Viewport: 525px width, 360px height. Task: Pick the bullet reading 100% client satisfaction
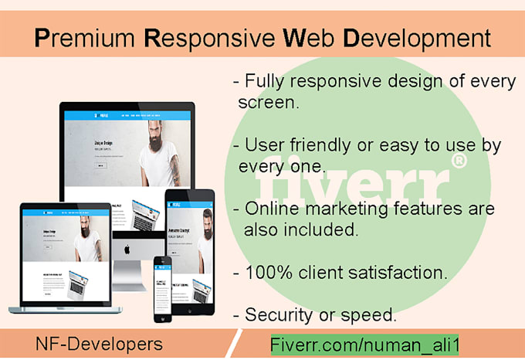(340, 272)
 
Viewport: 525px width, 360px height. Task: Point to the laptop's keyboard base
(65, 309)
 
